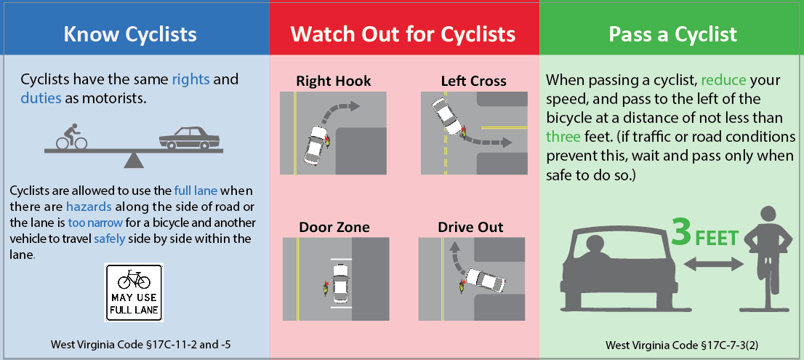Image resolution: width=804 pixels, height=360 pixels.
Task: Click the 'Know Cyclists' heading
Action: pyautogui.click(x=129, y=34)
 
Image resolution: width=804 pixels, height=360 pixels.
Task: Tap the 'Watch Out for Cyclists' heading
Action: pyautogui.click(x=403, y=34)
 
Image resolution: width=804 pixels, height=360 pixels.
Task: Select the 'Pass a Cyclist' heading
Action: pyautogui.click(x=672, y=34)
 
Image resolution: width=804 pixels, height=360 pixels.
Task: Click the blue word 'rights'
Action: pyautogui.click(x=190, y=80)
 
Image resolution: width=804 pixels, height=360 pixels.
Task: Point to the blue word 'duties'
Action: pyautogui.click(x=40, y=98)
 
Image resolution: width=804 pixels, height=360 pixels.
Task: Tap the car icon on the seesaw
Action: pyautogui.click(x=189, y=138)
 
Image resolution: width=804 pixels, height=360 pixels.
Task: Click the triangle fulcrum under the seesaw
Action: pyautogui.click(x=133, y=161)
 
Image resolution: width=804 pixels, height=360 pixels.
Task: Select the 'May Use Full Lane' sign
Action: pyautogui.click(x=133, y=292)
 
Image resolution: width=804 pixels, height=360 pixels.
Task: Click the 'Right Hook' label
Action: pyautogui.click(x=333, y=81)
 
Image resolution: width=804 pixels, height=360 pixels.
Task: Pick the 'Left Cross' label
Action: pyautogui.click(x=473, y=81)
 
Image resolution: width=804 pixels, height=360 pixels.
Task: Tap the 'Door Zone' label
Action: pyautogui.click(x=334, y=227)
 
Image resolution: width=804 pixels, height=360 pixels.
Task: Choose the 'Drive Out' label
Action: pyautogui.click(x=471, y=227)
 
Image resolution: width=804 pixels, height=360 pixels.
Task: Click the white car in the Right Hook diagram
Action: pyautogui.click(x=315, y=144)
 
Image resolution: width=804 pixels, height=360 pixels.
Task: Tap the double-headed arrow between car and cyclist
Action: pyautogui.click(x=713, y=265)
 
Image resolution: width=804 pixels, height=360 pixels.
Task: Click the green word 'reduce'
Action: pyautogui.click(x=723, y=81)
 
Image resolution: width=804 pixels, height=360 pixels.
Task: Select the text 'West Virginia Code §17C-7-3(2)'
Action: pyautogui.click(x=681, y=345)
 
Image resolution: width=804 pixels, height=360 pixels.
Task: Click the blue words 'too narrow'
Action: pyautogui.click(x=101, y=223)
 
